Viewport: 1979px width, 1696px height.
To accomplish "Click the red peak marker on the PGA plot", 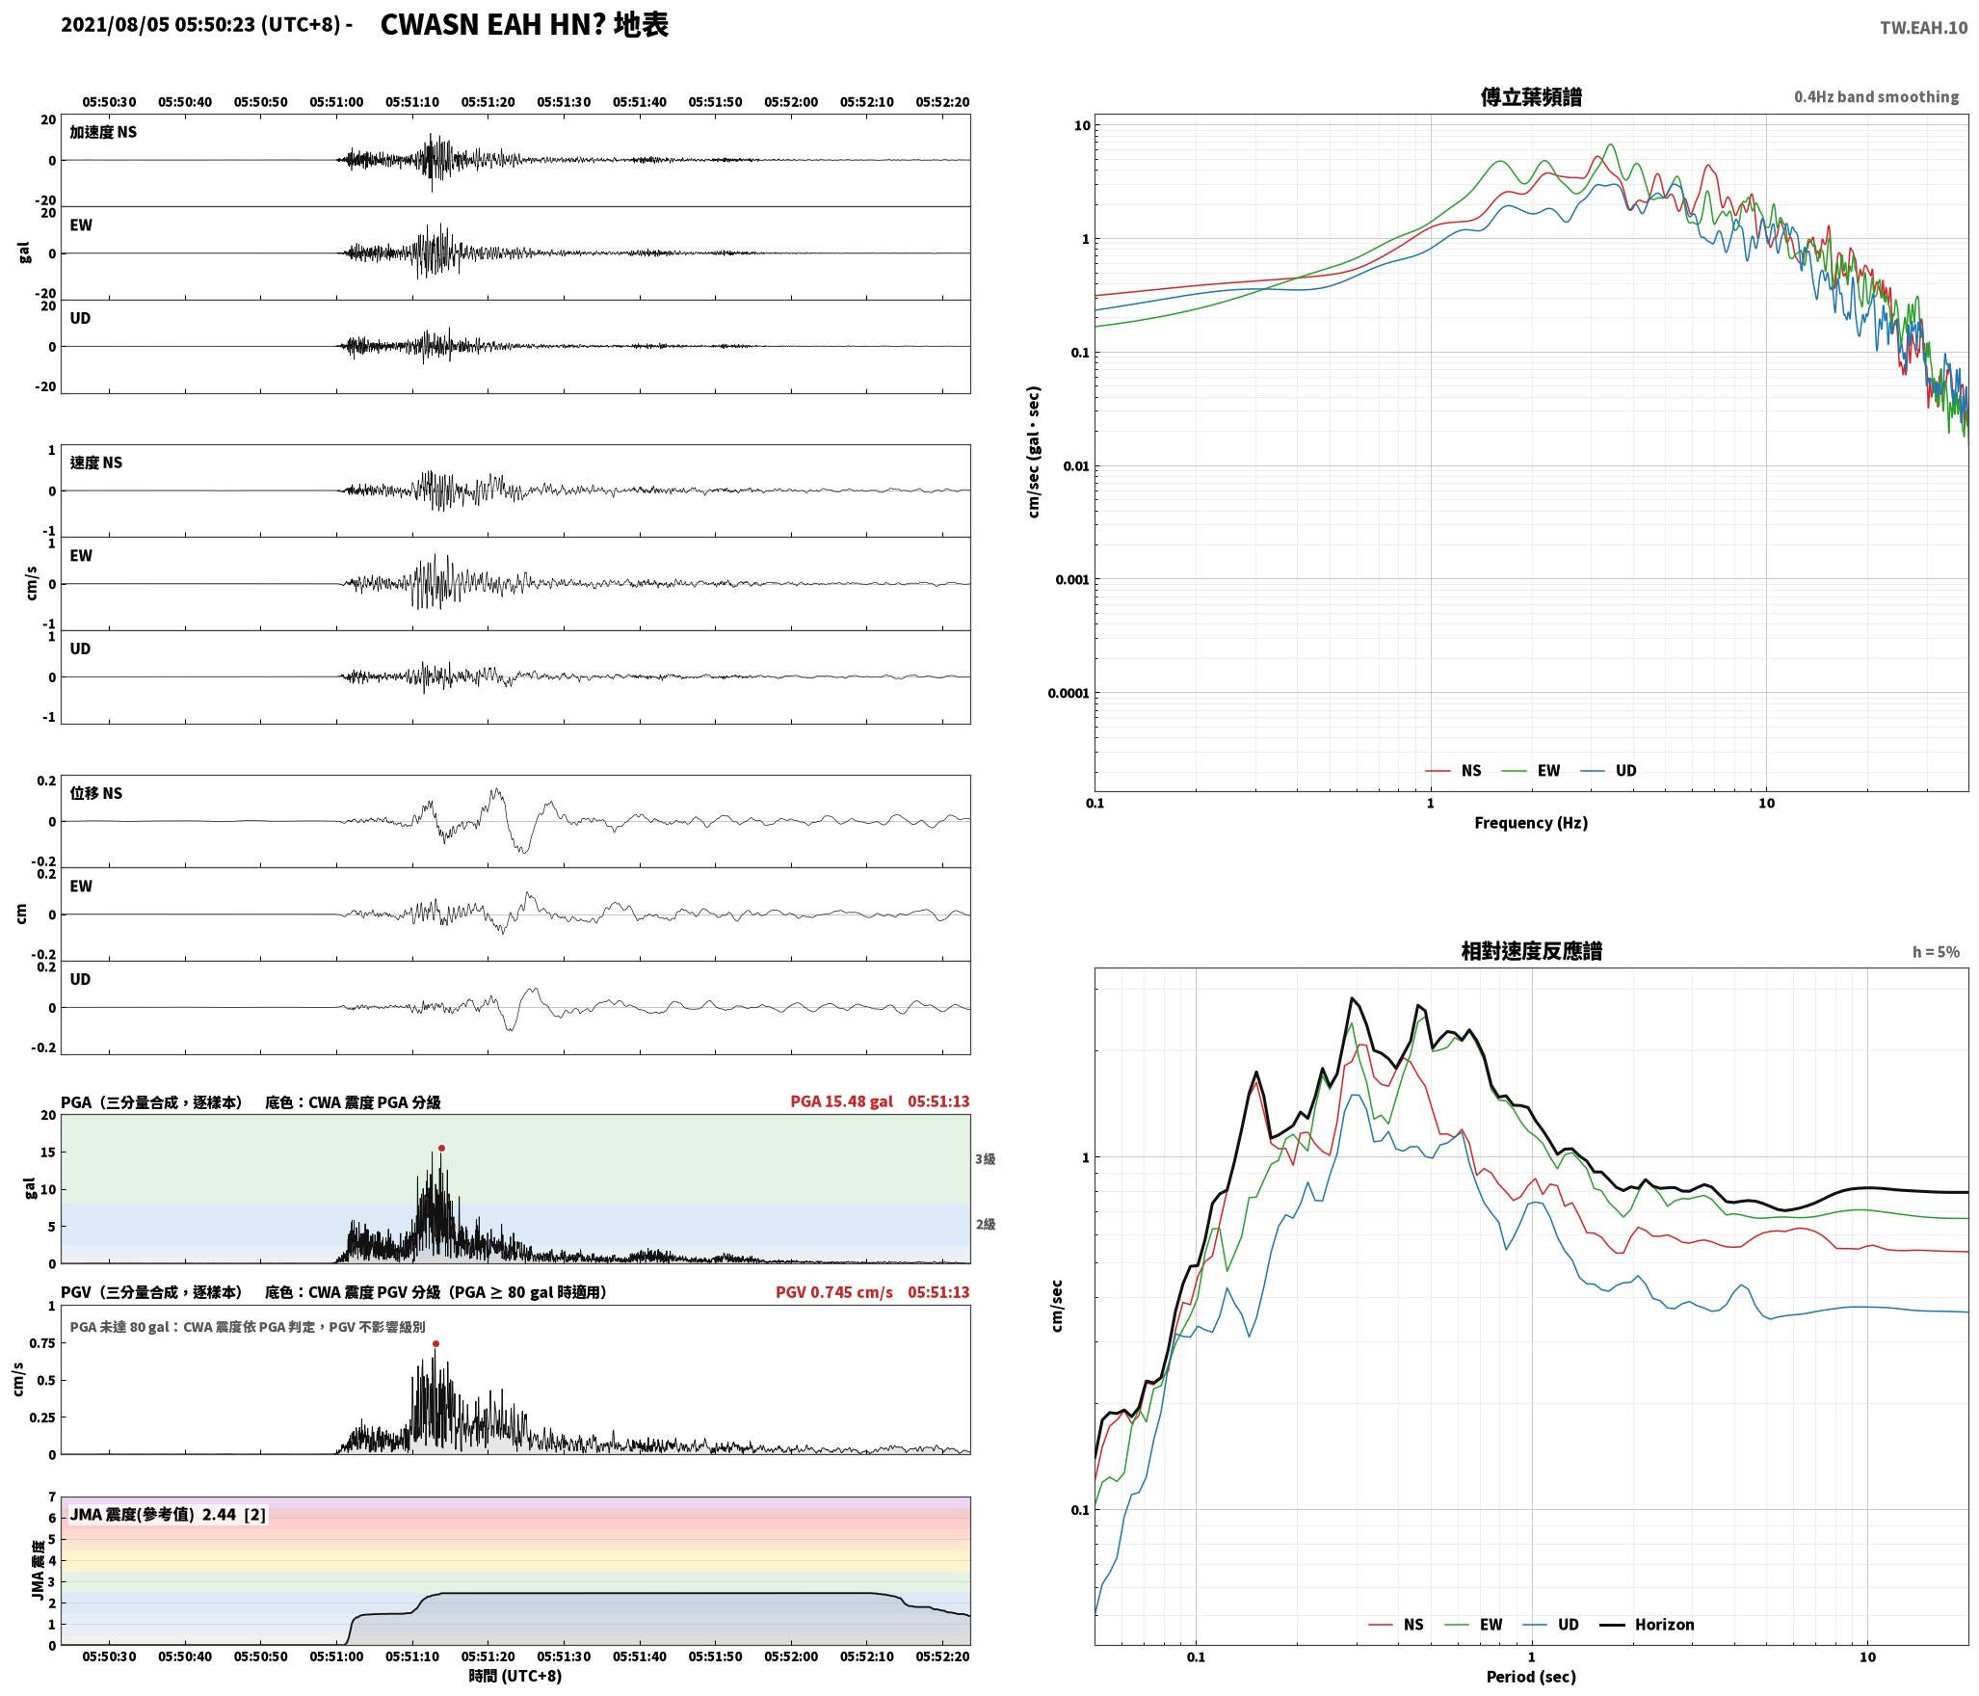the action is click(441, 1148).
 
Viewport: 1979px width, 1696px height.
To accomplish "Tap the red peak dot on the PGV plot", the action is click(435, 1343).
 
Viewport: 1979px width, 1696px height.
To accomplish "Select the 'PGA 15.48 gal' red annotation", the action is click(841, 1101).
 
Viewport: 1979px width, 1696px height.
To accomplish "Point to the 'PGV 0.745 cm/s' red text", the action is click(834, 1292).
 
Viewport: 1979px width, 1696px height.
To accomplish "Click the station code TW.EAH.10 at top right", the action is click(1924, 28).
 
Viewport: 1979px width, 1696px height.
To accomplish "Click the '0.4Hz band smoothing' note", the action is click(1876, 97).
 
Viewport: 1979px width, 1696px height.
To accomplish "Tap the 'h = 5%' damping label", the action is click(1936, 952).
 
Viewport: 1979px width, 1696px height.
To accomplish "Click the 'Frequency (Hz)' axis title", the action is click(1531, 823).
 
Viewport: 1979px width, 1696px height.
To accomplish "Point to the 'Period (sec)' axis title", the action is click(1531, 1677).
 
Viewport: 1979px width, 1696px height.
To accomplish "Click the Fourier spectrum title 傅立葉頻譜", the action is click(1531, 97).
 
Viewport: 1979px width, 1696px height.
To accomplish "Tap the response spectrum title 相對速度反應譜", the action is click(1531, 951).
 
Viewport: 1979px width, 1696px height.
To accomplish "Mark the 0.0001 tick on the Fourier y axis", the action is click(1069, 693).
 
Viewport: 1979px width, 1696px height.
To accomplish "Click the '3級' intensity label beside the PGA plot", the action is click(985, 1159).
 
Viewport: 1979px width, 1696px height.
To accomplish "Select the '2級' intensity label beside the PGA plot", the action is click(985, 1225).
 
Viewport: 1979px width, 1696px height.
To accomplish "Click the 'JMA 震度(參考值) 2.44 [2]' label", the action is click(168, 1515).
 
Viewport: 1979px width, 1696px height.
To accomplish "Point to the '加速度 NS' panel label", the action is click(103, 133).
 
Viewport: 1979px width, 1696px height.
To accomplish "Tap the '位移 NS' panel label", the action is click(96, 794).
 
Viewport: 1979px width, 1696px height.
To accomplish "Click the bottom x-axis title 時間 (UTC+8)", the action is click(515, 1676).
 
